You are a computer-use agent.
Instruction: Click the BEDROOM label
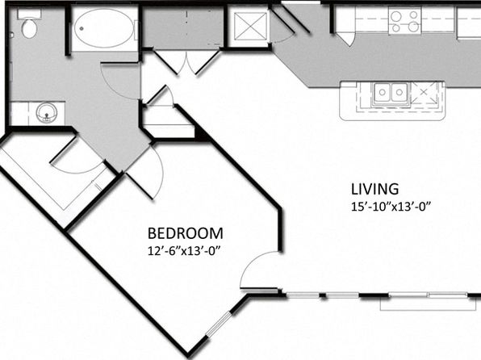tap(186, 233)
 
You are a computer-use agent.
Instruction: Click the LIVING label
tap(374, 189)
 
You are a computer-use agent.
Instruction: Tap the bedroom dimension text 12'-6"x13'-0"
tap(185, 251)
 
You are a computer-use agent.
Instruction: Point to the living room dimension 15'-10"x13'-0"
tap(391, 207)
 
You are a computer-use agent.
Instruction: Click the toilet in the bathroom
tap(29, 24)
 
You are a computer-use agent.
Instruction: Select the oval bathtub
tap(104, 28)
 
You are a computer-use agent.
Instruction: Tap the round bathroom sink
tap(46, 113)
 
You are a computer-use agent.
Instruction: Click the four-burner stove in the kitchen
tap(405, 20)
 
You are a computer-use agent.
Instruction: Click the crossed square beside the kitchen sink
tap(424, 92)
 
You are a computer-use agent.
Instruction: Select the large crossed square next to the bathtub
tap(250, 26)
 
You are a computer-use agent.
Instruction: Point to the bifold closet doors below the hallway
tap(186, 61)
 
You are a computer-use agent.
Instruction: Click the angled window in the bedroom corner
tap(219, 324)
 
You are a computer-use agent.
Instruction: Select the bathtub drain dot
tap(82, 28)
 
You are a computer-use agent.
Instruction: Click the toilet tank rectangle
tap(29, 14)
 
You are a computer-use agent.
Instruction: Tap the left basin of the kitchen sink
tap(383, 92)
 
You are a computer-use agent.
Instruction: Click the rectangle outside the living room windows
tap(429, 303)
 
